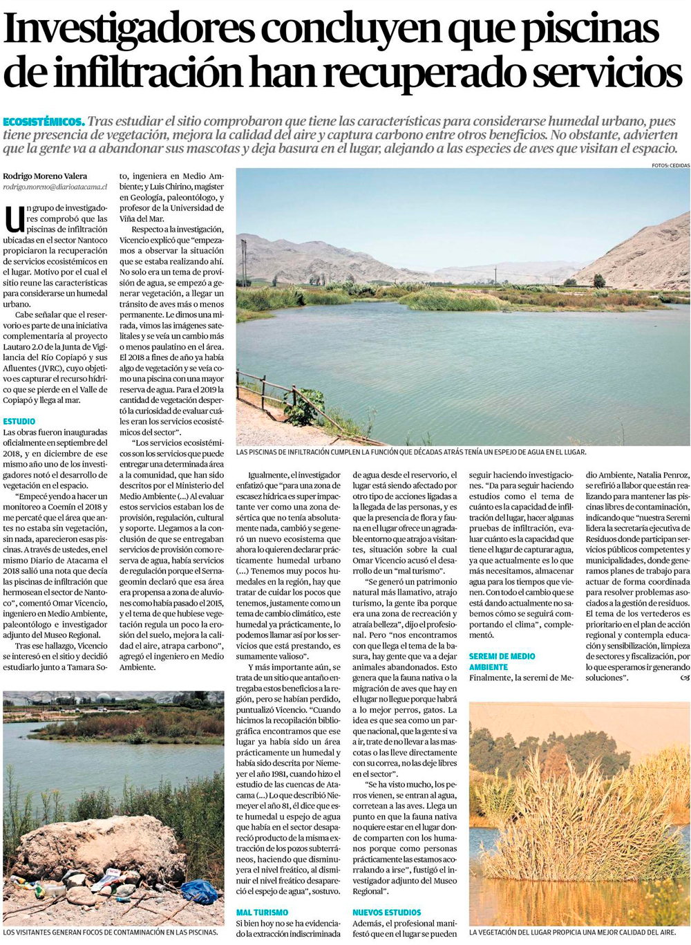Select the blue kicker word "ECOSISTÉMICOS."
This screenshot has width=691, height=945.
point(44,121)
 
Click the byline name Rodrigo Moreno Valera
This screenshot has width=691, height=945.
point(45,176)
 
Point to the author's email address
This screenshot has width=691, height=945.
point(55,187)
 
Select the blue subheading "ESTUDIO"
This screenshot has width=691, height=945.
point(19,421)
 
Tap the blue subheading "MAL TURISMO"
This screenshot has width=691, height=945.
point(262,913)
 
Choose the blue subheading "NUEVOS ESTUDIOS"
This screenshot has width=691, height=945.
point(386,913)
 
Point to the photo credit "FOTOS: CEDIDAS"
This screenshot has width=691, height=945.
point(670,166)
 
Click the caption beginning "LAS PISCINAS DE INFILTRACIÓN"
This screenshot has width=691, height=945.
point(410,451)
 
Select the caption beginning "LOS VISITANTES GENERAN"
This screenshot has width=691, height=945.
point(111,932)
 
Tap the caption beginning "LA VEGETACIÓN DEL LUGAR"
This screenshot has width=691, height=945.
point(572,932)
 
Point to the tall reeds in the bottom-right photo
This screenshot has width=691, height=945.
point(553,816)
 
